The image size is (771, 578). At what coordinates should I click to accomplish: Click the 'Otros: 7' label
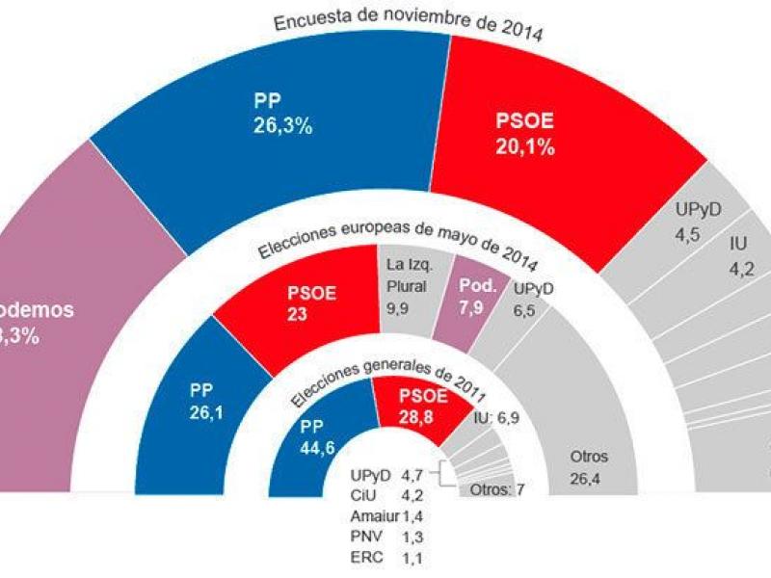point(496,489)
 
